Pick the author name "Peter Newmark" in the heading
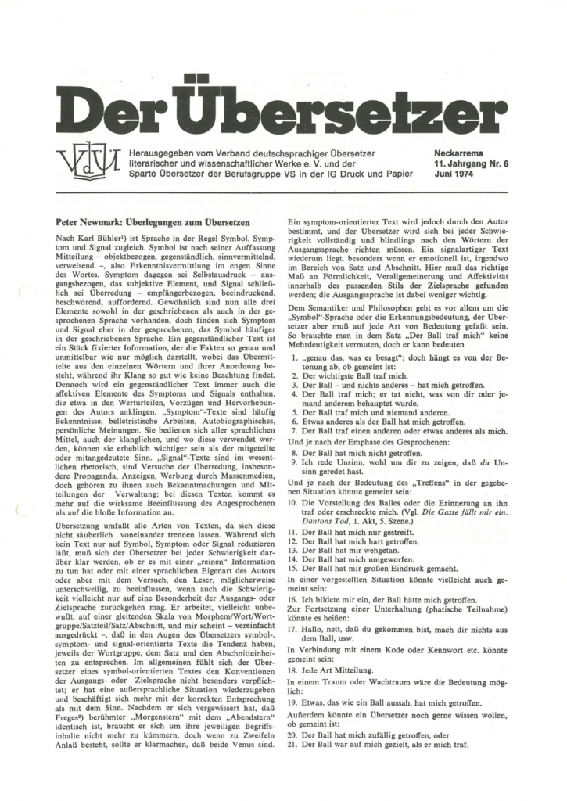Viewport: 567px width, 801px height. point(95,222)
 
